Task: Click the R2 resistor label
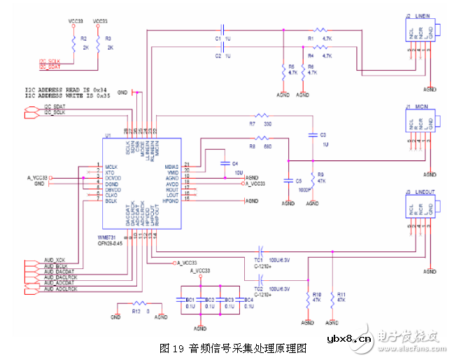tap(83, 39)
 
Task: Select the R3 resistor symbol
tap(98, 43)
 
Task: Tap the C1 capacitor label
tap(218, 38)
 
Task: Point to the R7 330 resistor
tap(262, 116)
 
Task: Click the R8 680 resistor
tap(262, 138)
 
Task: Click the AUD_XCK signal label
tap(55, 261)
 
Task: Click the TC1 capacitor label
tap(258, 258)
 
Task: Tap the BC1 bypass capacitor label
tap(190, 300)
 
